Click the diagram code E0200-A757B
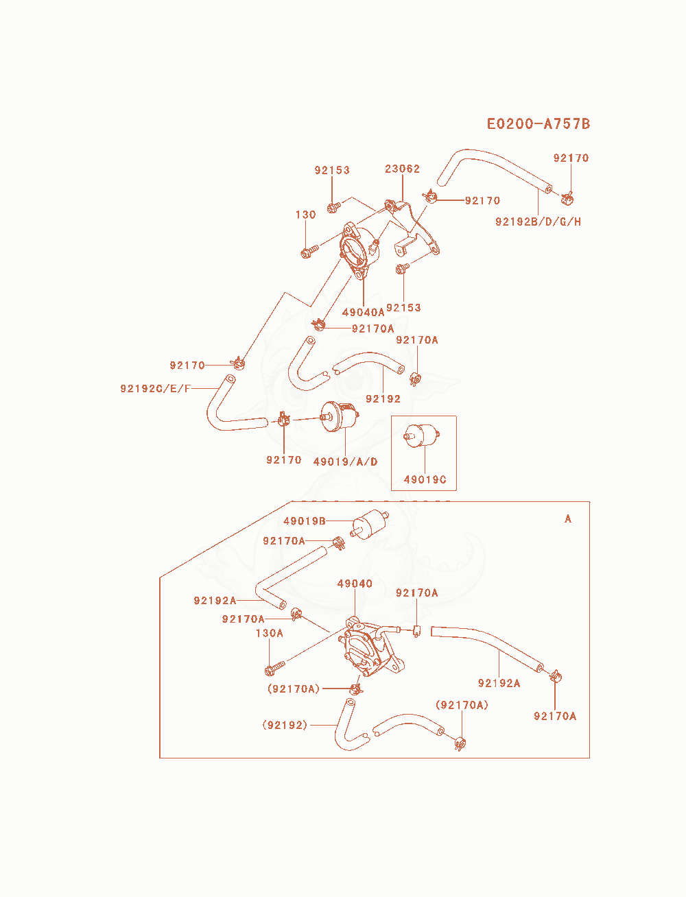(539, 123)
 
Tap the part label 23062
(402, 169)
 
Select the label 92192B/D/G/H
(538, 222)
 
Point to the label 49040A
(363, 312)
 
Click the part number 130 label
(305, 215)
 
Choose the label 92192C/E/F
(155, 388)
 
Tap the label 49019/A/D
(345, 462)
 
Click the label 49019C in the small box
(425, 479)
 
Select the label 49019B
(305, 521)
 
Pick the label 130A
(269, 633)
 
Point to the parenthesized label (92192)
(285, 725)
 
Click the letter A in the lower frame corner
(568, 518)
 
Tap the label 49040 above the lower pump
(355, 584)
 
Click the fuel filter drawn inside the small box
(421, 435)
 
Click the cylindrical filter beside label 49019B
(370, 525)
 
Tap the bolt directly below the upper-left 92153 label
(334, 207)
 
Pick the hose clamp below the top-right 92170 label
(567, 198)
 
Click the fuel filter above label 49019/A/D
(340, 416)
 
